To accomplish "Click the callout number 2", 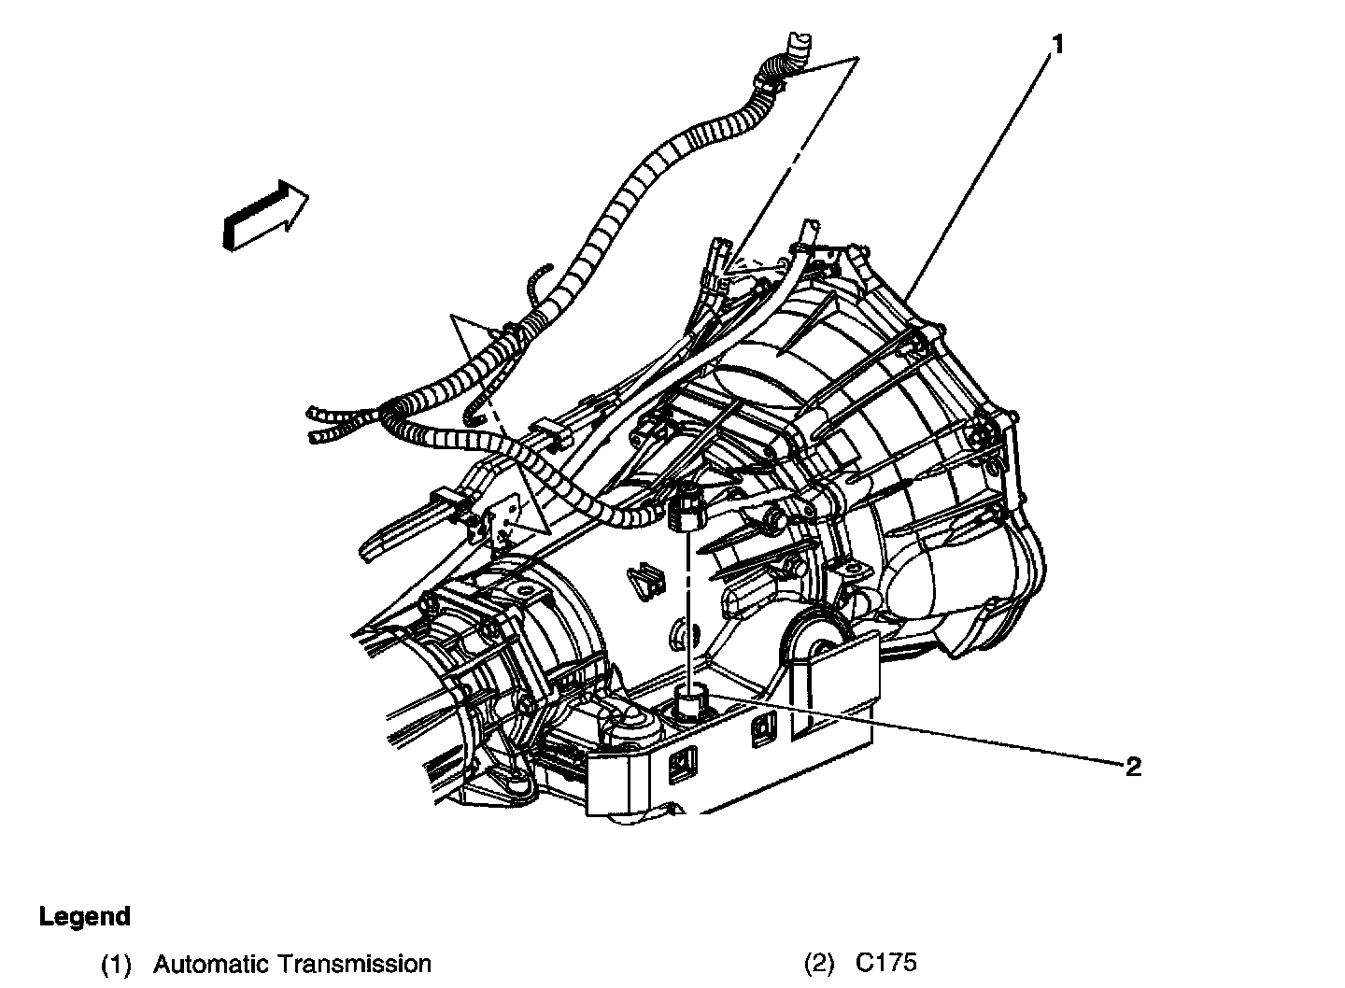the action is coord(1133,768).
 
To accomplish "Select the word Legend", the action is coord(84,916).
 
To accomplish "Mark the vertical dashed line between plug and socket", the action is coord(688,607).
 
